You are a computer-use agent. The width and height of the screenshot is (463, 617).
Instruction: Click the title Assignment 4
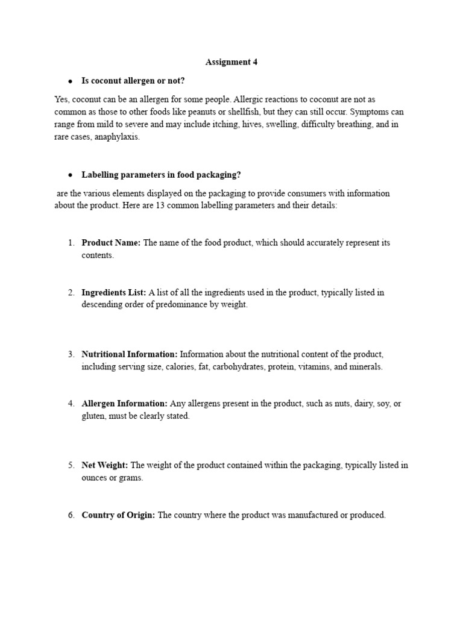click(x=231, y=61)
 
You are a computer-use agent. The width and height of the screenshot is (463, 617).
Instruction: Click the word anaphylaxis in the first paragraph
click(x=116, y=137)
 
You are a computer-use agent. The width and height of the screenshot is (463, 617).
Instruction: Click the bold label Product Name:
click(x=111, y=243)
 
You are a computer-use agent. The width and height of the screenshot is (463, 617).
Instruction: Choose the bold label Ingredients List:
click(x=114, y=292)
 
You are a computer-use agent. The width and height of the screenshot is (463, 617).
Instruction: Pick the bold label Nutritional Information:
click(x=129, y=354)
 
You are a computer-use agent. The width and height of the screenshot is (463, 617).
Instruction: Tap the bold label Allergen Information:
click(x=124, y=404)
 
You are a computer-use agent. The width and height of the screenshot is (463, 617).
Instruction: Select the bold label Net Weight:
click(x=105, y=465)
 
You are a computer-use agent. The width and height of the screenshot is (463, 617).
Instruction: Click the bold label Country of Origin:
click(x=118, y=515)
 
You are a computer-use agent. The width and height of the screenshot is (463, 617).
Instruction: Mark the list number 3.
click(x=71, y=354)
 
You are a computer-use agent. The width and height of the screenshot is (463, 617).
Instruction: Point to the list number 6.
click(x=71, y=515)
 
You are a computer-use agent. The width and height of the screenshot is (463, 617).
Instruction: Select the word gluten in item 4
click(x=93, y=416)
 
